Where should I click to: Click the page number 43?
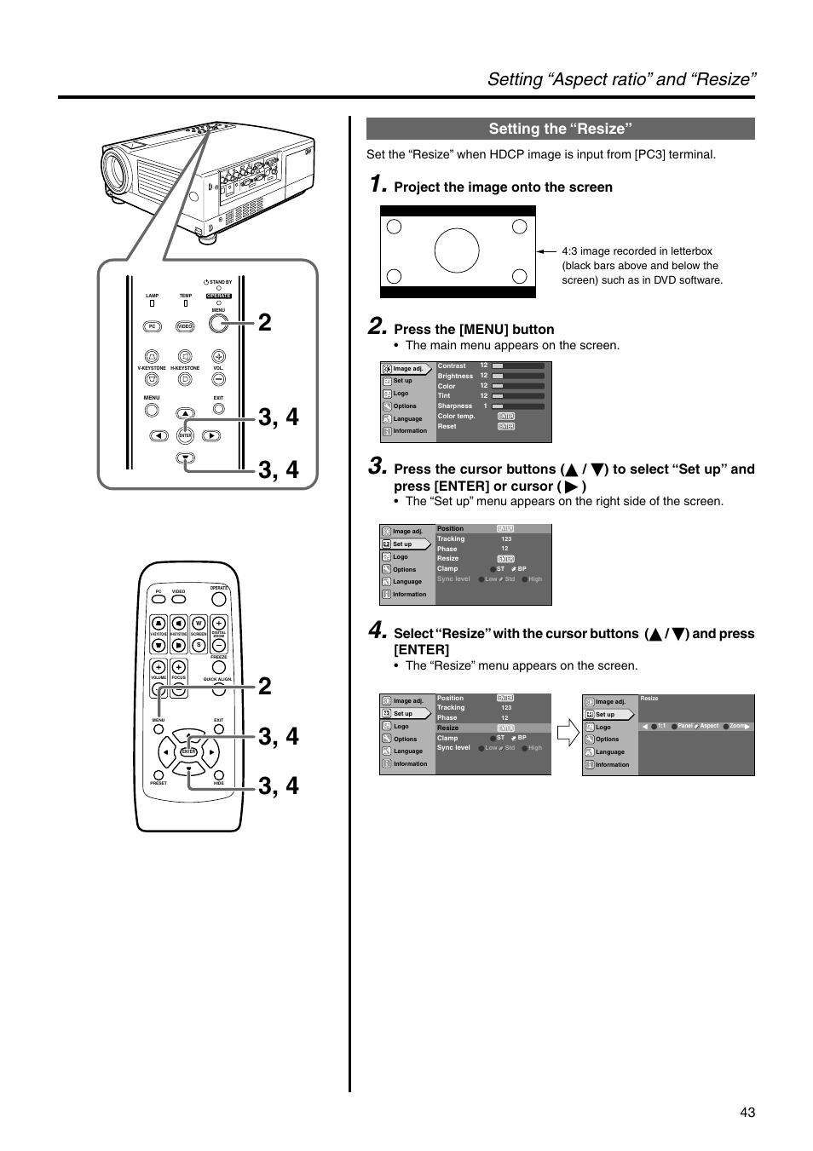747,1111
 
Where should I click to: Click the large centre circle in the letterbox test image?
457,251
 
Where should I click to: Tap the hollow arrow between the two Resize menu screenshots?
568,734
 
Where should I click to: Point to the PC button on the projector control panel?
153,326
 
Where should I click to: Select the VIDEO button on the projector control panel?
185,326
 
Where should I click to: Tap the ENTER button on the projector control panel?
185,435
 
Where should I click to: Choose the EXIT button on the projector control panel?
218,409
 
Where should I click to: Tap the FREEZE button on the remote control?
218,645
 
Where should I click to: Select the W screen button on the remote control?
199,624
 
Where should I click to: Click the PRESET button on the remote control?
159,773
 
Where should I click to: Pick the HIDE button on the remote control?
218,773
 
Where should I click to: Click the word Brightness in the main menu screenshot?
455,376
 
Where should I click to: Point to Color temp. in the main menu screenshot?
456,417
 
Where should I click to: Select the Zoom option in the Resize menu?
737,726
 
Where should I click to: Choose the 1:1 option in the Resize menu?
660,726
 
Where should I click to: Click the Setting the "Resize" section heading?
560,129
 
